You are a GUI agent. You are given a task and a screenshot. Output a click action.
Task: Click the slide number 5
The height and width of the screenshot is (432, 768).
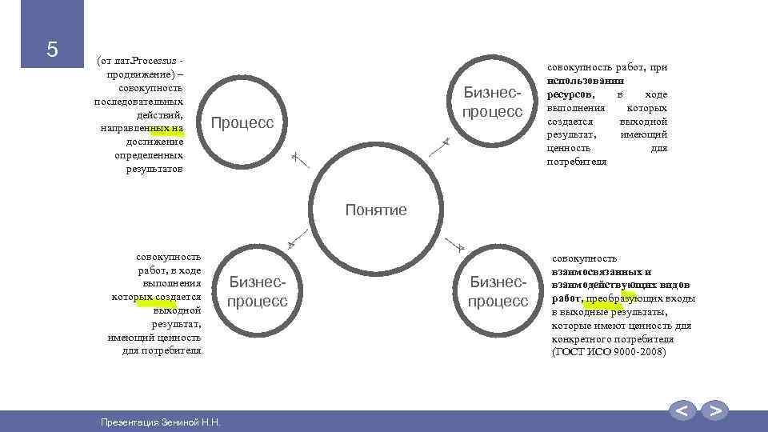click(52, 50)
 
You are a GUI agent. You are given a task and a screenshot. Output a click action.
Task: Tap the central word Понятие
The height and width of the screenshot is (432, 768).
click(376, 210)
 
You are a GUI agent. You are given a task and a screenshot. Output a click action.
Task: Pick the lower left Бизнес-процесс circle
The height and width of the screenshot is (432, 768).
click(258, 292)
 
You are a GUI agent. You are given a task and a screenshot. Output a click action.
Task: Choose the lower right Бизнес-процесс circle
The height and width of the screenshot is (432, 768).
click(498, 292)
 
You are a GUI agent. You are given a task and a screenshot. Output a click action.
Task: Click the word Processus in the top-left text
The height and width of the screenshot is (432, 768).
click(150, 61)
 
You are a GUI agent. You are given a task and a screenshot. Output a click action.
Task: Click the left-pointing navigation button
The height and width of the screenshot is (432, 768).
click(682, 411)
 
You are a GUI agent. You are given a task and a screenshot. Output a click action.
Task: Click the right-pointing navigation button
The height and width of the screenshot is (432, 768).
click(715, 411)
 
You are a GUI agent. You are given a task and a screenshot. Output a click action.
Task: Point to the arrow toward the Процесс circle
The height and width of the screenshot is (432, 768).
click(297, 158)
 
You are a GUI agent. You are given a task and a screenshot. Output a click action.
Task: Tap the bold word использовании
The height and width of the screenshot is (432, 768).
click(586, 81)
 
